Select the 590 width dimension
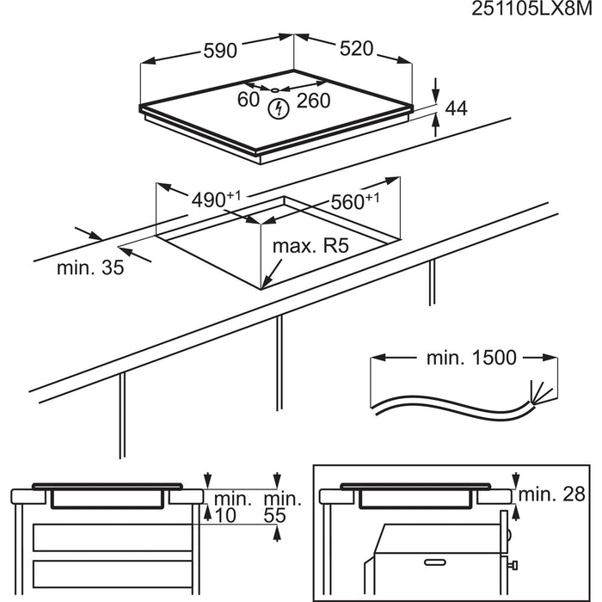tap(219, 51)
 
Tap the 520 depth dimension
tap(356, 49)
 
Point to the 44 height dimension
tap(455, 108)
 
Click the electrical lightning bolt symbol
tap(278, 108)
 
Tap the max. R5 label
tap(310, 247)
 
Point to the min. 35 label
tap(90, 267)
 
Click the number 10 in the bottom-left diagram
tap(225, 516)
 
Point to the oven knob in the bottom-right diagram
tap(513, 565)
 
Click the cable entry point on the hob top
tap(273, 89)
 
